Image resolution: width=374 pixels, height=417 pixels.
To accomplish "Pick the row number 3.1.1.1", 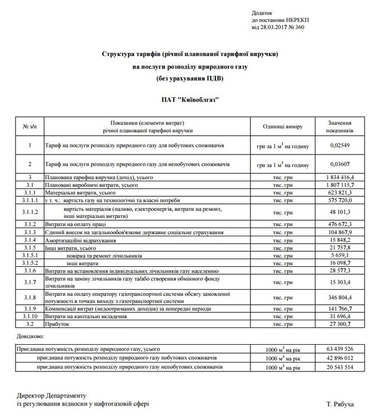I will [31, 198].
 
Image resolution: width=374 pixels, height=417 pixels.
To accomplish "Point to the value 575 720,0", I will [336, 198].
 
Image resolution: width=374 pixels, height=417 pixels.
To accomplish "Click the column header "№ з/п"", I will [31, 127].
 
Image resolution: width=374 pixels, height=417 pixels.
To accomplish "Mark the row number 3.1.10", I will [31, 316].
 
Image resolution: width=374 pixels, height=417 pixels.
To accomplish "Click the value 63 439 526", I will [336, 349].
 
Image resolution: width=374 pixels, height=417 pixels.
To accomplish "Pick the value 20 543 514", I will [336, 368].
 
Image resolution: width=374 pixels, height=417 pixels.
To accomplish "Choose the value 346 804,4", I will [336, 297].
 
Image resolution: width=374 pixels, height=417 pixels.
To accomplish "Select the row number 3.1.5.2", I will [31, 262].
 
